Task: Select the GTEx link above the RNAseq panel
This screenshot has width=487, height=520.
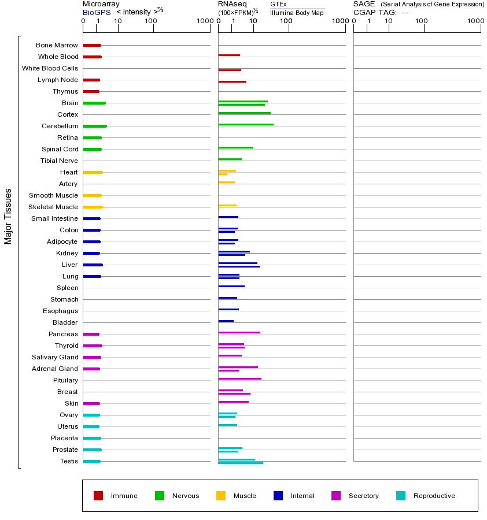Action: tap(278, 4)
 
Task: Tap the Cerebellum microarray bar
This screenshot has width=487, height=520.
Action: tap(95, 126)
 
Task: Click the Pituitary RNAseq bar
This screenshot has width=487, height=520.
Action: tap(239, 378)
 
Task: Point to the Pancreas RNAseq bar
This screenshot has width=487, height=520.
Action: tap(239, 332)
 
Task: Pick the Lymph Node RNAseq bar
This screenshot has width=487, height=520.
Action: tap(232, 81)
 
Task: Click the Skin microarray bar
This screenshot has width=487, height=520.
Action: tap(91, 403)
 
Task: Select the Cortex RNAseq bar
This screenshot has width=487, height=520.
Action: tap(244, 113)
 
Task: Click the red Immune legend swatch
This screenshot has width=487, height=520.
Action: tap(98, 496)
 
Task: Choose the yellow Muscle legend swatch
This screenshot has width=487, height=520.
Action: tap(221, 496)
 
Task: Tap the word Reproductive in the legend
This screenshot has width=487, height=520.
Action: tap(434, 496)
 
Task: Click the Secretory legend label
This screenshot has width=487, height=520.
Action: tap(363, 496)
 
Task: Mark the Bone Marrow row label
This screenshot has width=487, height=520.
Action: tap(57, 45)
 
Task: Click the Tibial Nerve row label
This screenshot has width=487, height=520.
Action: tap(59, 161)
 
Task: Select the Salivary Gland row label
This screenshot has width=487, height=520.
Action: tap(55, 357)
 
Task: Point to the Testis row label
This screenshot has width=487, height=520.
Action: tap(69, 461)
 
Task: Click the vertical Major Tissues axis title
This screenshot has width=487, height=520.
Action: tap(8, 216)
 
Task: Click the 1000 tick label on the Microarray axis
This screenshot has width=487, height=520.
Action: tap(204, 21)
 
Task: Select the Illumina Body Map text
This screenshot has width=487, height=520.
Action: tap(297, 12)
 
